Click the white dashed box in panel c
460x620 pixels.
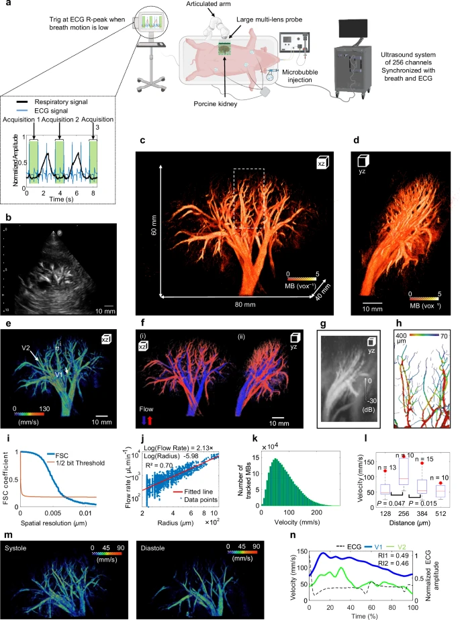tap(248, 198)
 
